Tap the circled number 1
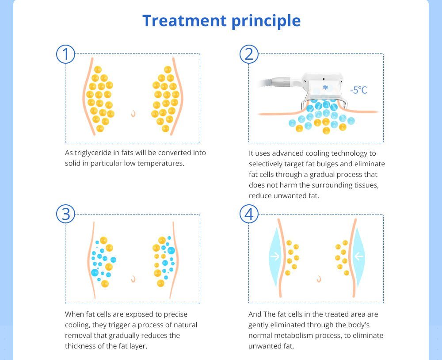[x=66, y=54]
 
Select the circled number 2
[x=249, y=54]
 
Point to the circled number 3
[x=66, y=214]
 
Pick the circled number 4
[x=249, y=214]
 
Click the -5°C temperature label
[x=358, y=90]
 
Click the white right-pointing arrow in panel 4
[x=275, y=256]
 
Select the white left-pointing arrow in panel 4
[x=358, y=256]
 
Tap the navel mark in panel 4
[x=318, y=279]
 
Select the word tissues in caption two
[x=366, y=185]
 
